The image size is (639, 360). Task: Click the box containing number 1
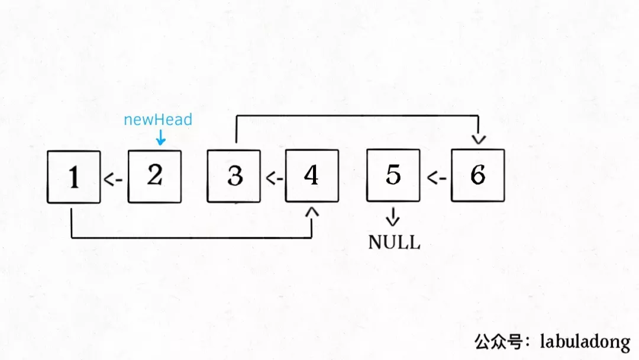[x=74, y=177]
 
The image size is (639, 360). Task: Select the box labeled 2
[x=154, y=176]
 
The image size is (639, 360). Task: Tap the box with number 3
[x=234, y=176]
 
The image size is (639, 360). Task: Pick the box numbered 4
[x=312, y=176]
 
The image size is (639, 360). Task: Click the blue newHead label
[x=158, y=120]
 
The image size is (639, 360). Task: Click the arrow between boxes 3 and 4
[x=273, y=178]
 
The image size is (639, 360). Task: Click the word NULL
[x=394, y=242]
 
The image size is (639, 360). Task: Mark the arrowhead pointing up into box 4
[x=312, y=211]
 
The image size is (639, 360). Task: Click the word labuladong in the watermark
[x=585, y=341]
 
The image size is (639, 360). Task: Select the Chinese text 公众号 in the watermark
[x=502, y=341]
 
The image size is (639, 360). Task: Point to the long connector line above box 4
[x=355, y=117]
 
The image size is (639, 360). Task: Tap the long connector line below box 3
[x=189, y=238]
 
